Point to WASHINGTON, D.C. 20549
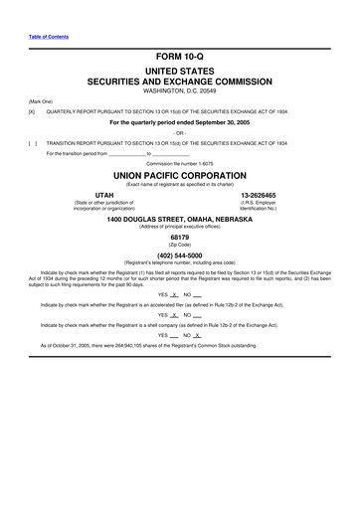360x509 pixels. pyautogui.click(x=179, y=91)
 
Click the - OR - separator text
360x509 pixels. pyautogui.click(x=179, y=133)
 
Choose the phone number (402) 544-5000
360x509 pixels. pyautogui.click(x=180, y=255)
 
